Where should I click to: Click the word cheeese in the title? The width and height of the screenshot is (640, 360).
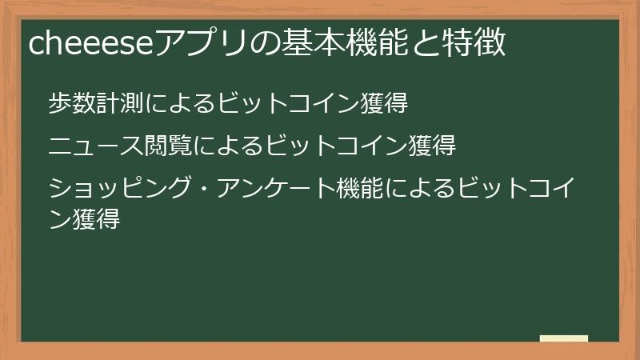coord(88,44)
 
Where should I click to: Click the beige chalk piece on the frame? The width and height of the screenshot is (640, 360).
coord(564,338)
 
